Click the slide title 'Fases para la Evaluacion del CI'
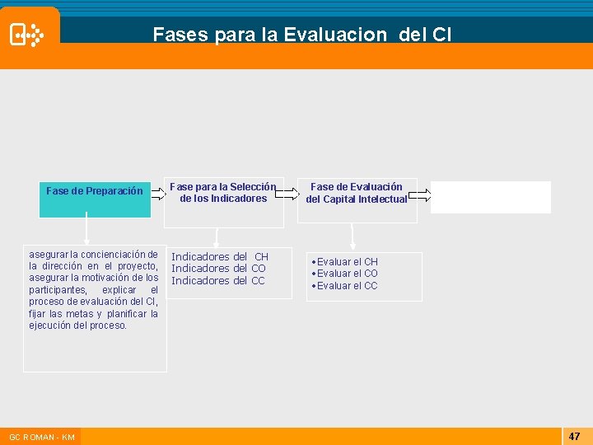301,35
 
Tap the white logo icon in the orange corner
26,35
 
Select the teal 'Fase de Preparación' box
95,198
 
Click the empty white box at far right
490,197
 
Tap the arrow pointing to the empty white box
419,194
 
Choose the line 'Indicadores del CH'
220,256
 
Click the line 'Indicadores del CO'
218,269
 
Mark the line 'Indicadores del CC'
218,281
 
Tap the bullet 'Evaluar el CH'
346,261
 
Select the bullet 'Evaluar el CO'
346,274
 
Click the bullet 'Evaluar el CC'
346,286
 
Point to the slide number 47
574,435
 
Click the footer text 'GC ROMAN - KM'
41,437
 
